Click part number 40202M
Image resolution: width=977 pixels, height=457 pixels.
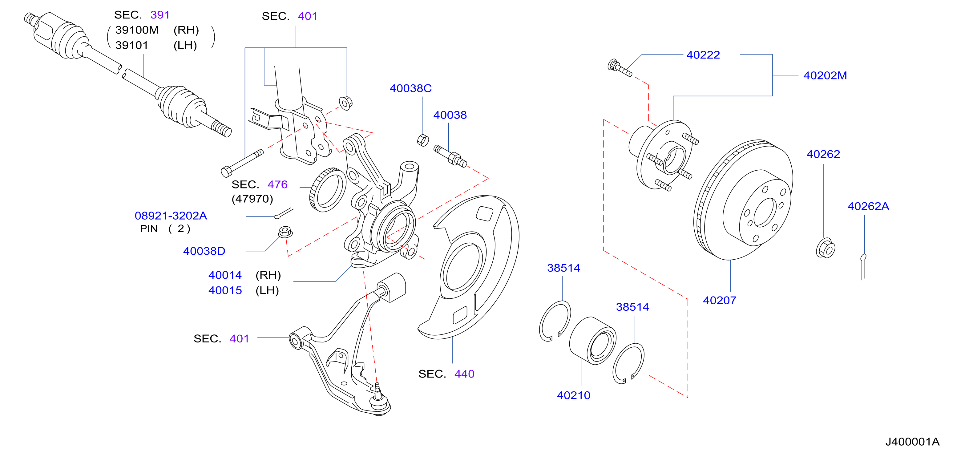(825, 75)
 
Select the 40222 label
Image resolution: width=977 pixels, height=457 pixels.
(703, 55)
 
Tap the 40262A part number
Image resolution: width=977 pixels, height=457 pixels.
(868, 206)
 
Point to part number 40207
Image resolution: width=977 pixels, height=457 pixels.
(720, 300)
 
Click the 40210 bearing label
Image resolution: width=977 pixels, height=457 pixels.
(573, 395)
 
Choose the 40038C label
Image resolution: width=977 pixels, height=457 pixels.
(411, 88)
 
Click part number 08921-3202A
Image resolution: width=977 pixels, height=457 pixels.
(171, 216)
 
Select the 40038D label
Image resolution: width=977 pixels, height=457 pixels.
(204, 251)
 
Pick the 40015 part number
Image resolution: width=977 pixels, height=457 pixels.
(225, 290)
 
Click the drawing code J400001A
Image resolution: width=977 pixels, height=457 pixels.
(912, 442)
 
